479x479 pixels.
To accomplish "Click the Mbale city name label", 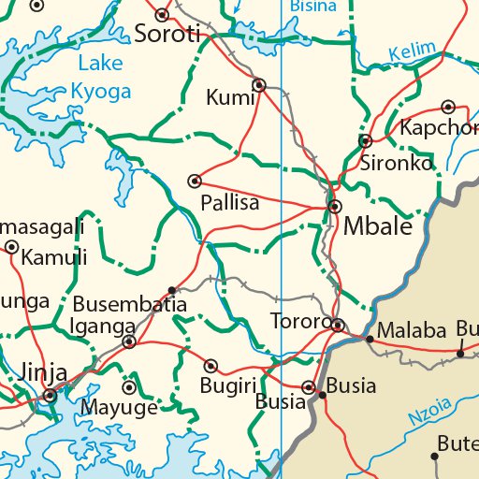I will [x=378, y=226].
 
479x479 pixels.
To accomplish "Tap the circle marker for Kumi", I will [x=259, y=85].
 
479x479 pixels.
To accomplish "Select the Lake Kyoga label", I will [x=101, y=78].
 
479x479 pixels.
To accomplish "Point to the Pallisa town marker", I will [x=195, y=181].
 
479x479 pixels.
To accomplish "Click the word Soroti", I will [x=168, y=36].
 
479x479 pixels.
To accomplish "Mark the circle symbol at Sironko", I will [x=365, y=141].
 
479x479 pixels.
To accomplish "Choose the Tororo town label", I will [x=299, y=321].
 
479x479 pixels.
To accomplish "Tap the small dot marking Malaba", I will [x=370, y=338].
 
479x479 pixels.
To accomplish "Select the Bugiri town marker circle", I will [x=211, y=366].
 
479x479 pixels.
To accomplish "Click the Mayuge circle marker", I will [x=129, y=386].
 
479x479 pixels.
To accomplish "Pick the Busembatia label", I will [x=130, y=305].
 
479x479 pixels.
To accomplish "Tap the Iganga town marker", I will [x=129, y=342].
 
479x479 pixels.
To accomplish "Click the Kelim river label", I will [x=413, y=50].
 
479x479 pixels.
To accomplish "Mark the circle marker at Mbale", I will [x=334, y=206].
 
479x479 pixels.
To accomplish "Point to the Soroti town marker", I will [x=162, y=14].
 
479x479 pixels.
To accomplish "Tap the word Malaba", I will [x=412, y=332].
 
